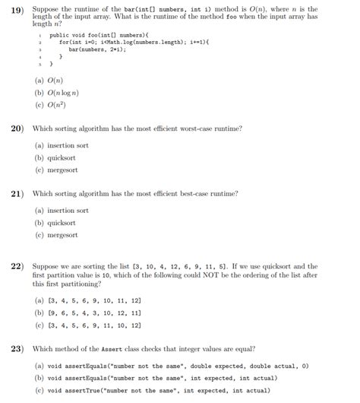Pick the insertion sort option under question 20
(66, 144)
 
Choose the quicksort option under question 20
(62, 157)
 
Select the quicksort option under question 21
(62, 224)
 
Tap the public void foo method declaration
(99, 36)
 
